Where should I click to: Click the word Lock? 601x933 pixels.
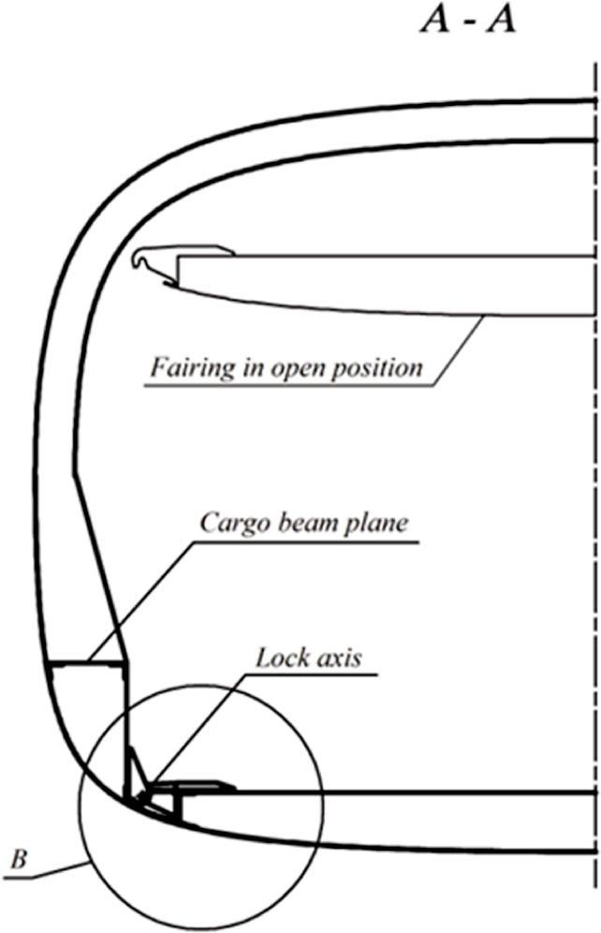(282, 657)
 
